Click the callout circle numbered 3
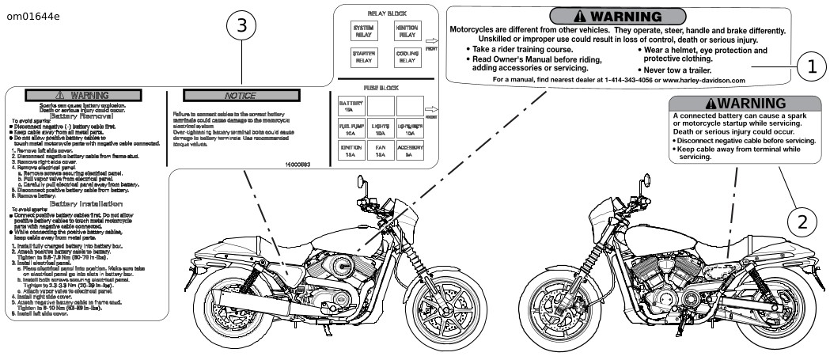click(242, 26)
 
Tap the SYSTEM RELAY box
click(363, 31)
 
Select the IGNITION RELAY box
click(406, 31)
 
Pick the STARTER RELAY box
click(363, 56)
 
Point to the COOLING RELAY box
click(406, 56)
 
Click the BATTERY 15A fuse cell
click(351, 106)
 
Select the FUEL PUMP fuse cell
click(351, 128)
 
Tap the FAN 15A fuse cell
click(380, 151)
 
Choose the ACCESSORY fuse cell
click(410, 151)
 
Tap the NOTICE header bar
click(240, 95)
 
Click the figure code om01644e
click(33, 16)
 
